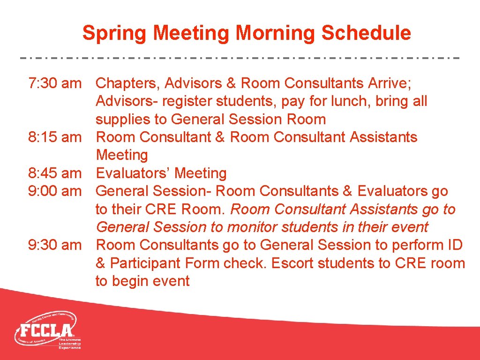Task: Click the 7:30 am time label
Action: (x=55, y=83)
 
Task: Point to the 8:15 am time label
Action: (x=55, y=137)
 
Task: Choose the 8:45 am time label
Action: (x=55, y=173)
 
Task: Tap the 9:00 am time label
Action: (x=55, y=191)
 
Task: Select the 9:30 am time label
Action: (x=55, y=245)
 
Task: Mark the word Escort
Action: (x=293, y=263)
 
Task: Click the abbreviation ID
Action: (x=454, y=245)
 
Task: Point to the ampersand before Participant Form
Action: (x=100, y=263)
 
